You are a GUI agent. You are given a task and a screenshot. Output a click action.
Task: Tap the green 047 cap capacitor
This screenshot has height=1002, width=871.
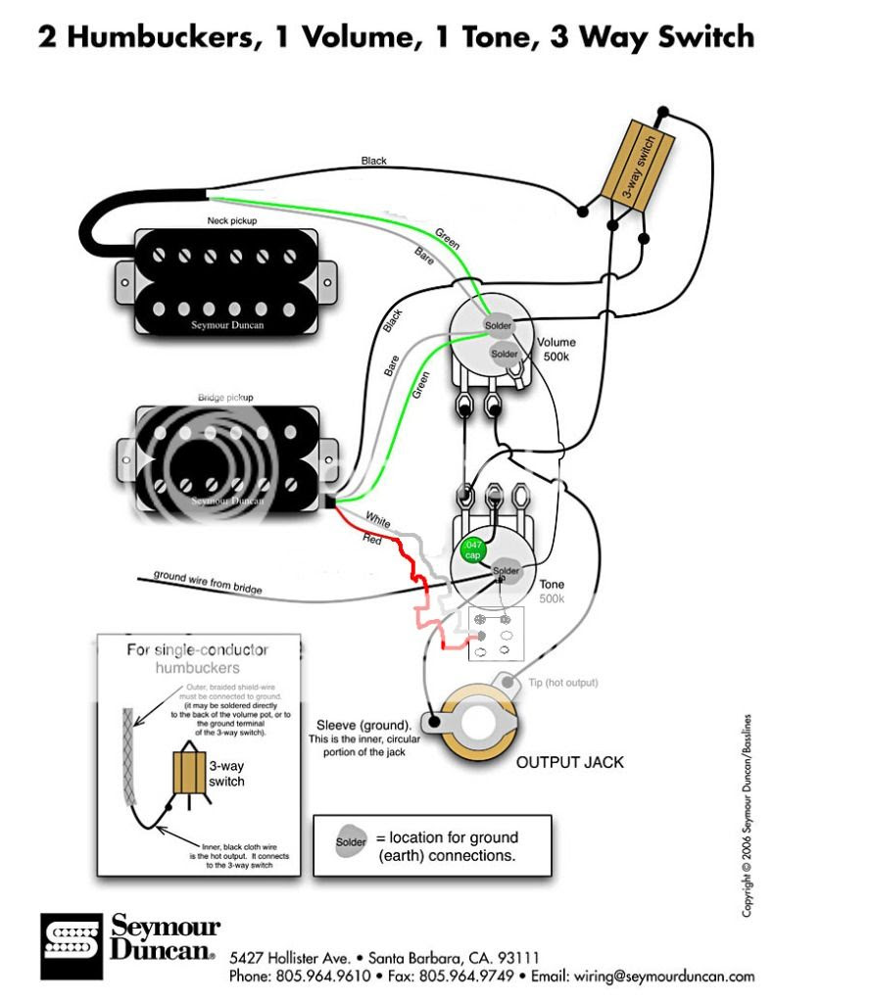click(x=472, y=549)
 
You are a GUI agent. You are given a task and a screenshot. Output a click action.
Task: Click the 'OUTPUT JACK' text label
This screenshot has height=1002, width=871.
click(x=569, y=762)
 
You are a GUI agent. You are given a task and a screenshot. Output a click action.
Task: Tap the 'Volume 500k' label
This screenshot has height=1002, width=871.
click(x=556, y=350)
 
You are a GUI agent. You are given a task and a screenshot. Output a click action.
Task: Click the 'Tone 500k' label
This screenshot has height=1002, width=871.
click(x=552, y=591)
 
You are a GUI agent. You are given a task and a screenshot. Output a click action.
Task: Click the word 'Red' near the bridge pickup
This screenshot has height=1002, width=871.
click(x=372, y=540)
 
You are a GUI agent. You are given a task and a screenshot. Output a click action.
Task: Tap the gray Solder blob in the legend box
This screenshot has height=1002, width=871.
click(x=351, y=841)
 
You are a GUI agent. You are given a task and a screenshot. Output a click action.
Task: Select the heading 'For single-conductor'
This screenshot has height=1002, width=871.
click(x=197, y=649)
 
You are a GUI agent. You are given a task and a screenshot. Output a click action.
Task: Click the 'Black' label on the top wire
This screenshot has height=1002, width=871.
click(x=374, y=161)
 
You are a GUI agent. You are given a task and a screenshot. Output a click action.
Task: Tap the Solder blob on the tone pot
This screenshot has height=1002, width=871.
click(x=506, y=570)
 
